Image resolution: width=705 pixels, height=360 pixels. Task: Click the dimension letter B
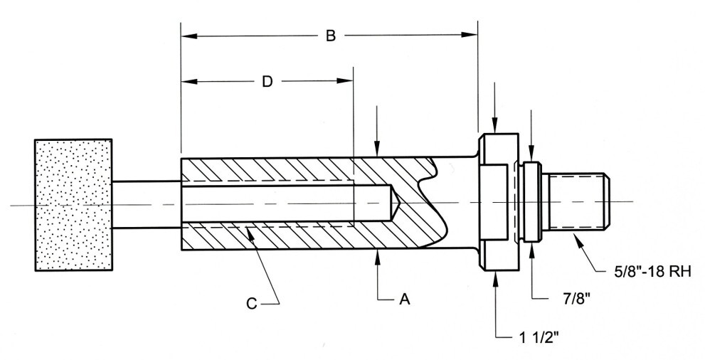pyautogui.click(x=330, y=36)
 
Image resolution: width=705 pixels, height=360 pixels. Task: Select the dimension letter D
pyautogui.click(x=267, y=82)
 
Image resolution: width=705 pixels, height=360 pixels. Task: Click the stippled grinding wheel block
pyautogui.click(x=73, y=205)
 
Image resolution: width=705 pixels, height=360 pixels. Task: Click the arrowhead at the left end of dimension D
pyautogui.click(x=187, y=82)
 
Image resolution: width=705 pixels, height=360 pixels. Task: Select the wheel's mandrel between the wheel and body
pyautogui.click(x=146, y=204)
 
